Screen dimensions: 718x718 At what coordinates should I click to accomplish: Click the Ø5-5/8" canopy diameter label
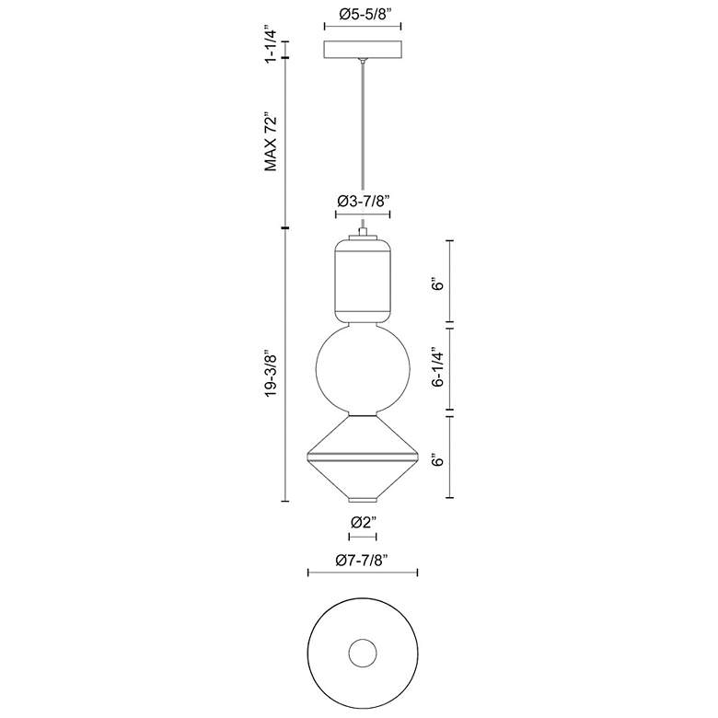364,14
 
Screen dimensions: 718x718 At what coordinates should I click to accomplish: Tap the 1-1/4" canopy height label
271,46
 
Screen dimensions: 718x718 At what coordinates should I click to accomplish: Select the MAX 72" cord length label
271,144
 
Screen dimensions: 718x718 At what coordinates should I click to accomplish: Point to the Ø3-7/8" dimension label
363,201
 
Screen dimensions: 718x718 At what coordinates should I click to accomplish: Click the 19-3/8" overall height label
271,374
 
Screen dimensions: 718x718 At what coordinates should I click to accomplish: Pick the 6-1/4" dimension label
438,369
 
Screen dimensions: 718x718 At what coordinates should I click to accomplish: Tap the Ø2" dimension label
363,521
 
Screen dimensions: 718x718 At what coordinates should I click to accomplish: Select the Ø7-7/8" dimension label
362,560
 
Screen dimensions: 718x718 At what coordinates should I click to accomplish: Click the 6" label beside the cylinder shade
438,284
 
